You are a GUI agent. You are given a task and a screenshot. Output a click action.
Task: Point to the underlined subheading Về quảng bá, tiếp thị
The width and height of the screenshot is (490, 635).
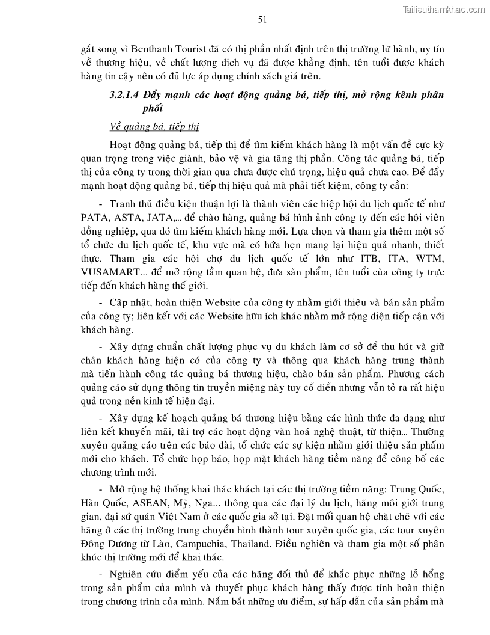click(155, 126)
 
